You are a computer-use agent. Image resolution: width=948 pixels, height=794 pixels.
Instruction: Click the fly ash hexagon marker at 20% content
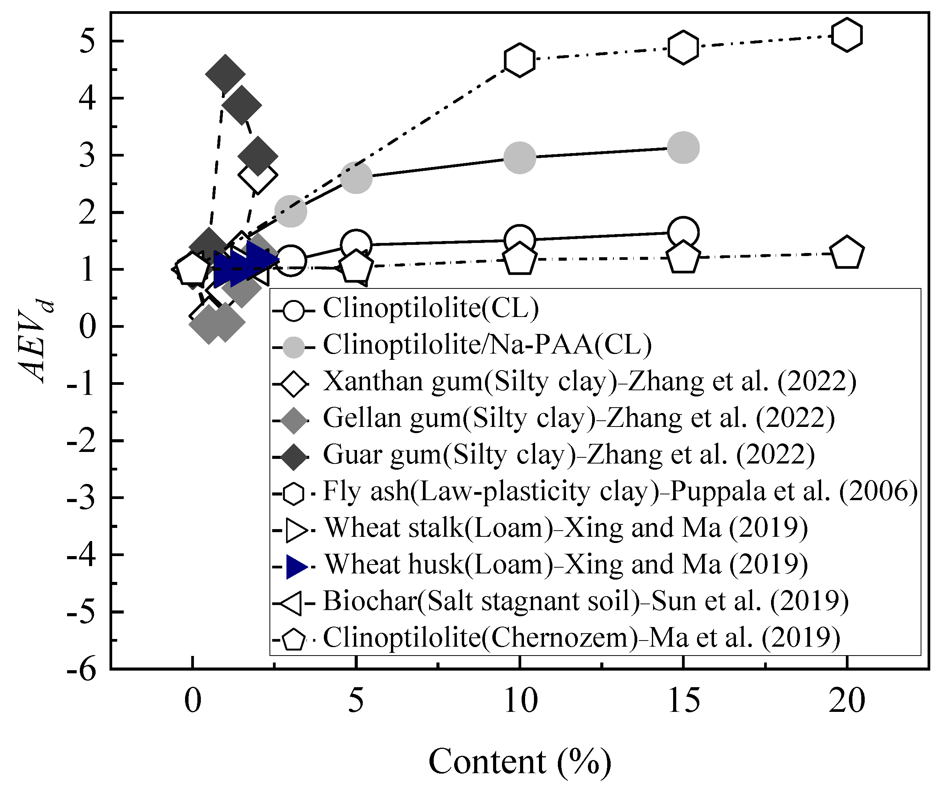(847, 35)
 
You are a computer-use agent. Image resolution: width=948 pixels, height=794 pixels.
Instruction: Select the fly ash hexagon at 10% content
(520, 60)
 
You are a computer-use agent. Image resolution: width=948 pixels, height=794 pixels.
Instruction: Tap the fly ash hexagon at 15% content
(683, 47)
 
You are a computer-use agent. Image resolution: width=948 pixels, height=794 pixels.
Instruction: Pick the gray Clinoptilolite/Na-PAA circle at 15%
(683, 148)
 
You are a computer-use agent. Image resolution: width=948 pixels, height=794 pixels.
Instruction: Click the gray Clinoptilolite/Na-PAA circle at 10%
(520, 158)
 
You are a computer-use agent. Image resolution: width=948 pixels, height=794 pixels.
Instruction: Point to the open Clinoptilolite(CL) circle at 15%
(683, 232)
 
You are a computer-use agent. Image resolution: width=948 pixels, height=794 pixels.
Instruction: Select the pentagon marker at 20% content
(847, 253)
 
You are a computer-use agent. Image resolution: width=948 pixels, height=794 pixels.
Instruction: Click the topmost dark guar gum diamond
(225, 74)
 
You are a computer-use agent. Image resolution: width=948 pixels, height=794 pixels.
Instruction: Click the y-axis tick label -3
(81, 498)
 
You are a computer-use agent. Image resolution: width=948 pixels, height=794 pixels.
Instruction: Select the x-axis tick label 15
(684, 701)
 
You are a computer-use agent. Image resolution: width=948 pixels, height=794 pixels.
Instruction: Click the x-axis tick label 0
(193, 701)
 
